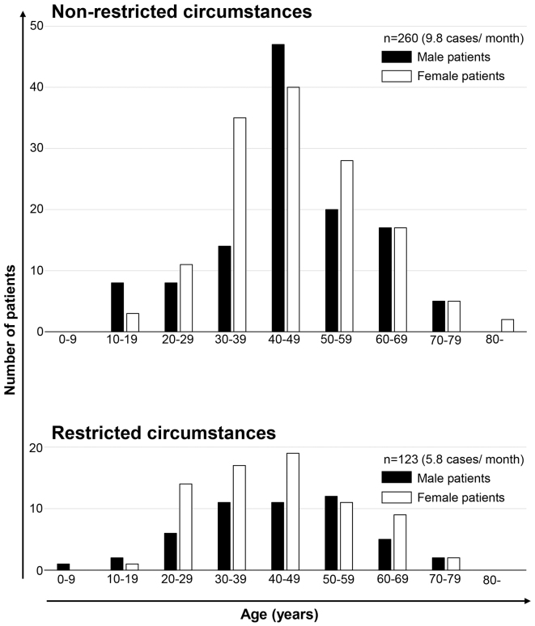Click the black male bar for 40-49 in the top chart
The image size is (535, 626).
click(278, 188)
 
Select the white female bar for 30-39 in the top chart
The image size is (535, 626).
click(240, 224)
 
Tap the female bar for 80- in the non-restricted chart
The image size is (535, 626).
click(507, 325)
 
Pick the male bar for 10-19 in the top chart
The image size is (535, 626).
click(117, 307)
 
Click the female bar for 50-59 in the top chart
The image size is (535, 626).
click(346, 246)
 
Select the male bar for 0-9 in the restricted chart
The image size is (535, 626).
click(63, 567)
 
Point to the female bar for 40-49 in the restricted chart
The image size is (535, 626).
click(293, 511)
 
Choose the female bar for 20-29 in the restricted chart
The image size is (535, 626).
click(186, 527)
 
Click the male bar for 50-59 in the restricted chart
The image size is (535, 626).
click(331, 533)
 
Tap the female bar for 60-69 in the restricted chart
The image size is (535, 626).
click(400, 542)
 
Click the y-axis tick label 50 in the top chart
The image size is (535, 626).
click(36, 26)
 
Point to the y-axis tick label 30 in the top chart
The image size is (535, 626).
click(36, 148)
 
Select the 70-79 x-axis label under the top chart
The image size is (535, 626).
click(445, 340)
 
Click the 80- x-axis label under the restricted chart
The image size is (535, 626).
click(492, 580)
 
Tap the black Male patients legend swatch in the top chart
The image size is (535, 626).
click(397, 57)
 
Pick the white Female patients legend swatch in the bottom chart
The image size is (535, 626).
click(397, 497)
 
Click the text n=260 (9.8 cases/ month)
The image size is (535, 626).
click(453, 38)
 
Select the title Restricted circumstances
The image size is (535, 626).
click(163, 433)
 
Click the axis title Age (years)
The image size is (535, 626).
click(279, 615)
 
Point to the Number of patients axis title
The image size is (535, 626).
click(10, 330)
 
